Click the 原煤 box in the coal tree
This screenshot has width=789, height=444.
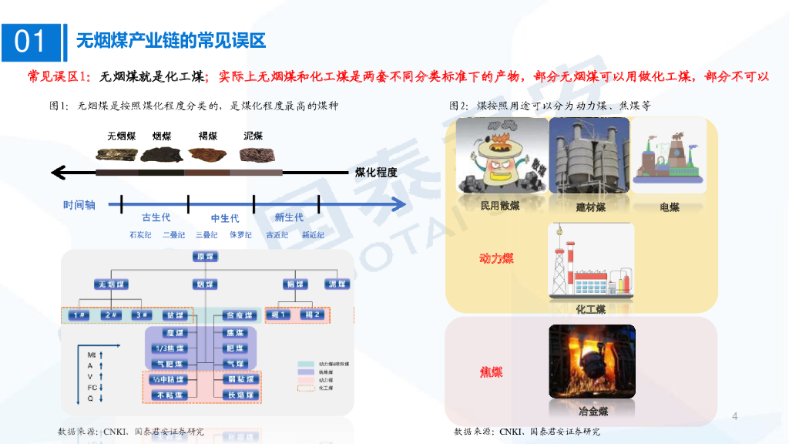coord(205,257)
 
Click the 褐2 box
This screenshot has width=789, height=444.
coord(312,314)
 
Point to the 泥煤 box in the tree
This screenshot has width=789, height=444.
coord(337,284)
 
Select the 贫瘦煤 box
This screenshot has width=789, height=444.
coord(239,314)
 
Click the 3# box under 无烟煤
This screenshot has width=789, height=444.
coord(140,314)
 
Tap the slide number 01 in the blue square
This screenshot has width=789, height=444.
coord(30,41)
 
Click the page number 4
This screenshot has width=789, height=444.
coord(734,417)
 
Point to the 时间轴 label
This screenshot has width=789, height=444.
coord(79,205)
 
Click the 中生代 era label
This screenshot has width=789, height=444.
coord(225,218)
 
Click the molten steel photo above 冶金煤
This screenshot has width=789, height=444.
coord(592,362)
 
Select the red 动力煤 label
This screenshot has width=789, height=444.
coord(496,259)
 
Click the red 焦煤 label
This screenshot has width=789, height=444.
coord(492,372)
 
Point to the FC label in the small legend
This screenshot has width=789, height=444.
coord(92,387)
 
